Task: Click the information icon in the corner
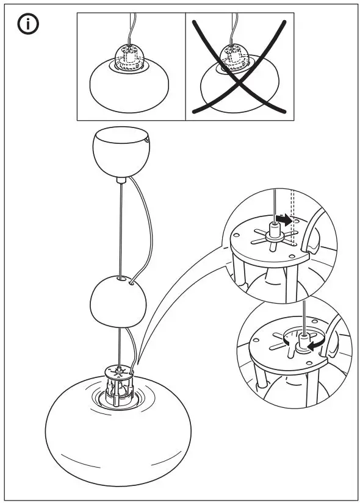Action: pyautogui.click(x=28, y=25)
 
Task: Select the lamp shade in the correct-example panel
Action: pyautogui.click(x=131, y=90)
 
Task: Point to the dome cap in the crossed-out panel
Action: pyautogui.click(x=231, y=55)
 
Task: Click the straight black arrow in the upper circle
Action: pyautogui.click(x=284, y=218)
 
